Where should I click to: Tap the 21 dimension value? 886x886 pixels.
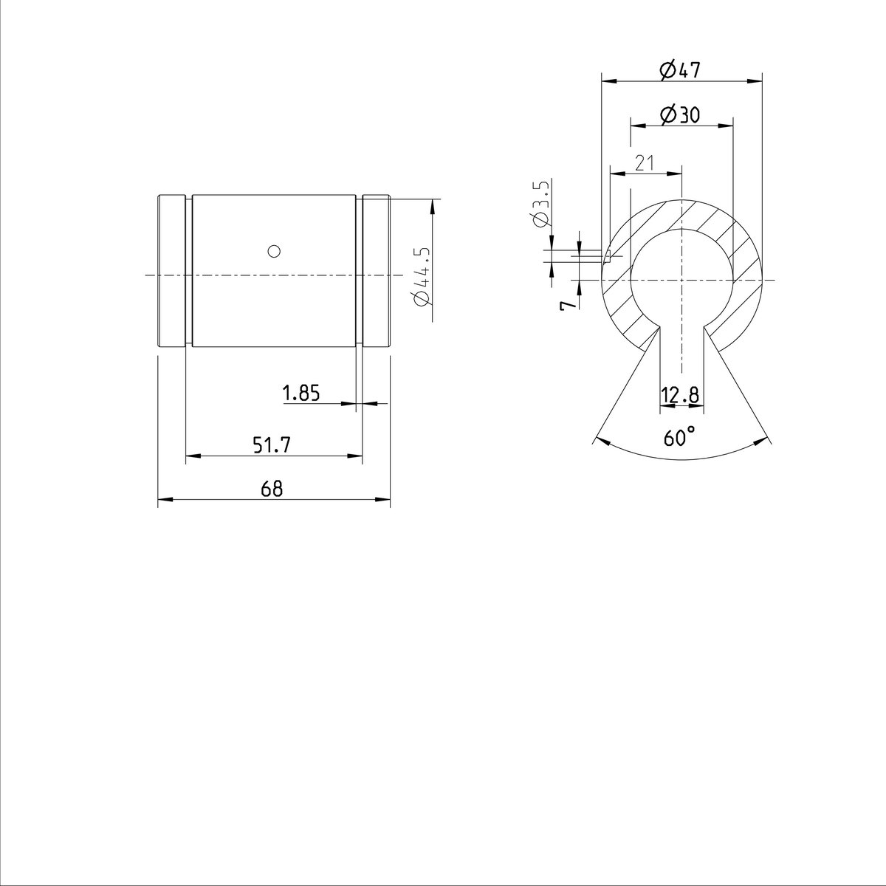pos(645,164)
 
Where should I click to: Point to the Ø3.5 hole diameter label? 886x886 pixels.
pos(540,203)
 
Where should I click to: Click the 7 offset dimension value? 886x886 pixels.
pos(567,305)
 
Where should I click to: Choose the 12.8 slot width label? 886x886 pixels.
pos(680,396)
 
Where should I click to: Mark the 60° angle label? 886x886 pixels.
pos(679,437)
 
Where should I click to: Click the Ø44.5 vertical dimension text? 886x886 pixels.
pos(422,276)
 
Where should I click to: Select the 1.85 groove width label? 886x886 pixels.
pos(301,394)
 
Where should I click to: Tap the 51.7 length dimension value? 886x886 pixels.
pos(272,445)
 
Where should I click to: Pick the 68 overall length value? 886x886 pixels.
pos(272,489)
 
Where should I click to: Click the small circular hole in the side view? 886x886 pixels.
pos(274,251)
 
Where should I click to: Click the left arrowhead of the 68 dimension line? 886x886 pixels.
pos(164,501)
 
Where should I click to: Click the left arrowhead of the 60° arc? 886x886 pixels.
pos(600,442)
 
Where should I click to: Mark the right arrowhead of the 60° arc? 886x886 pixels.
pos(760,442)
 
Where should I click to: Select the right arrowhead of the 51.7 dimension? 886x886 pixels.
pos(357,456)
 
